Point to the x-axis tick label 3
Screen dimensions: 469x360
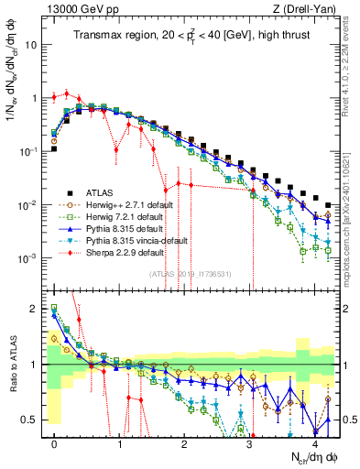click(249, 443)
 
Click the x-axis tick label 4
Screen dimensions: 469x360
click(314, 443)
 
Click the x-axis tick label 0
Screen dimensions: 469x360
click(55, 443)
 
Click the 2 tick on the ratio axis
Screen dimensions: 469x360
click(36, 309)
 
